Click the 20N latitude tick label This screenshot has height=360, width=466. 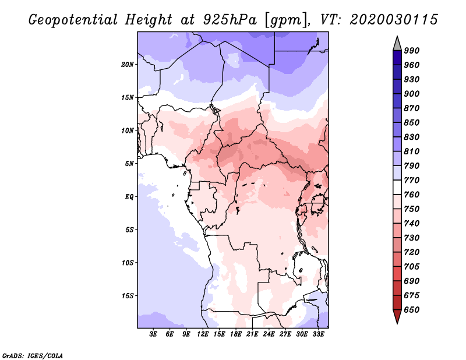coord(128,64)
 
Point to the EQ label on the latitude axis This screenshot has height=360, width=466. coord(129,197)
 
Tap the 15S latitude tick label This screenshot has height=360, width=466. coord(128,296)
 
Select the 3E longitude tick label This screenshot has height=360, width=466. coord(153,334)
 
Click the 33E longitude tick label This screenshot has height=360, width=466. coord(318,334)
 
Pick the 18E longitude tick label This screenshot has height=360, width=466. coord(236,334)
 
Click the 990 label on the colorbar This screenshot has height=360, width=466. coord(411,51)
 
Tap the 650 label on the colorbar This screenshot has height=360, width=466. coord(411,310)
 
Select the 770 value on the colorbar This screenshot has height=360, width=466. coord(411,180)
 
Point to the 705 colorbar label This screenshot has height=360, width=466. coord(411,266)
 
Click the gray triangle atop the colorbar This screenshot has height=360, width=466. coord(397,43)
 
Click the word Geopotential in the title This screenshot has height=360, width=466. coord(73,20)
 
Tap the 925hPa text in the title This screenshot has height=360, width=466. coord(230,20)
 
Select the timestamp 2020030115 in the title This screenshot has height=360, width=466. coord(394,19)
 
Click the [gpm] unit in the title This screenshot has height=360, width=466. coord(285,20)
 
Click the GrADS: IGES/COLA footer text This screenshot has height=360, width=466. coord(33,356)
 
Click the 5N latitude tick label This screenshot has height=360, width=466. coord(129,164)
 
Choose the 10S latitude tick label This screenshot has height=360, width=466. coord(128,263)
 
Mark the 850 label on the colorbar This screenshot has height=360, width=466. coord(411,122)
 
